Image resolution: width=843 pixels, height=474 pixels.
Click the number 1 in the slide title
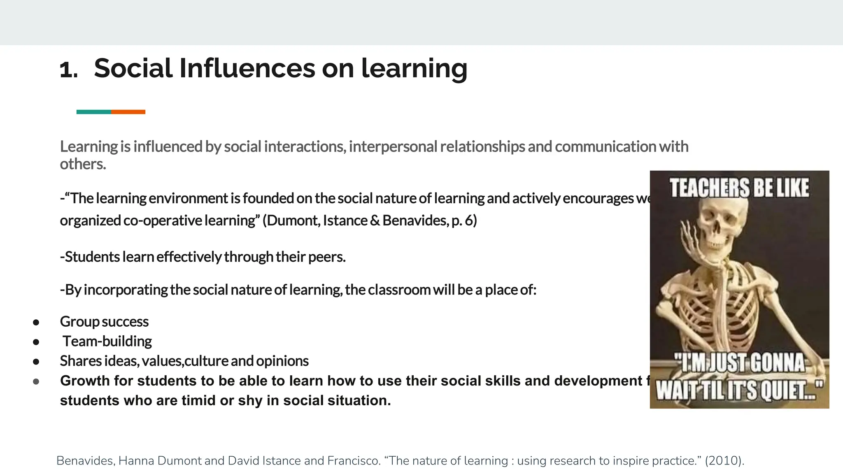[x=68, y=70]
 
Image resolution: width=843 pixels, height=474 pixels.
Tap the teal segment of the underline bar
[x=93, y=112]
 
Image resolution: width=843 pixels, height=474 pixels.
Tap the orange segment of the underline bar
[x=128, y=112]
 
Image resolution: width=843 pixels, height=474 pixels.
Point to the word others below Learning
[x=82, y=164]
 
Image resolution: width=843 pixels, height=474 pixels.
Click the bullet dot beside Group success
[x=36, y=322]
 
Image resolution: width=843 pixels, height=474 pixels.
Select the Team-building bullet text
[x=107, y=341]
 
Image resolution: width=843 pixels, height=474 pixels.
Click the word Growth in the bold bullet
[x=85, y=381]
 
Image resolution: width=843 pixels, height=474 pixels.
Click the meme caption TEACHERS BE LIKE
[x=739, y=188]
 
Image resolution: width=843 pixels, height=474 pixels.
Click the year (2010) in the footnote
[x=724, y=460]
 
